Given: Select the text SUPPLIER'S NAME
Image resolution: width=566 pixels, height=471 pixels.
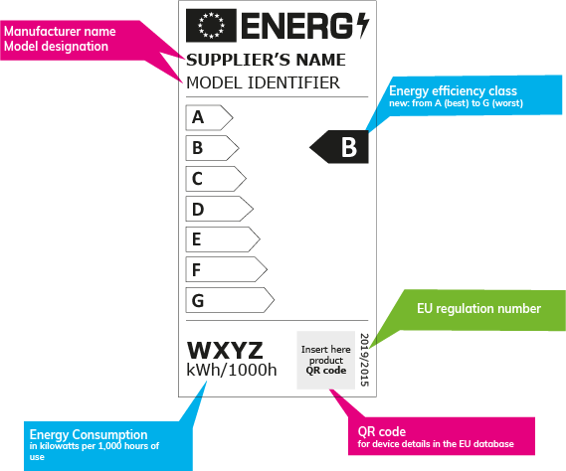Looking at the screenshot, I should pyautogui.click(x=266, y=60).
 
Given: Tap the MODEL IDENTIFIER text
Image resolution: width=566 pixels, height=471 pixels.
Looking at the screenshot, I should pyautogui.click(x=264, y=82).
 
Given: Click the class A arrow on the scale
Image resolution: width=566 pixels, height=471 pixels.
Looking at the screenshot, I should pyautogui.click(x=208, y=117).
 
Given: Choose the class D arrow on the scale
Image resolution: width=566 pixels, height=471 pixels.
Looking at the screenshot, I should pyautogui.click(x=219, y=210).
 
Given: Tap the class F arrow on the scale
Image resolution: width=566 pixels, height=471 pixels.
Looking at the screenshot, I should pyautogui.click(x=226, y=269).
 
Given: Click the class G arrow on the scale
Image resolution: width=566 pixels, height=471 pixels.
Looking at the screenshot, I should pyautogui.click(x=229, y=299).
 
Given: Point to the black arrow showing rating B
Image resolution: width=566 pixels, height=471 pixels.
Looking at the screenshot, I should pyautogui.click(x=339, y=148).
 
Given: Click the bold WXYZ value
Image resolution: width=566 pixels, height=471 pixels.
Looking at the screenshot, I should pyautogui.click(x=225, y=351).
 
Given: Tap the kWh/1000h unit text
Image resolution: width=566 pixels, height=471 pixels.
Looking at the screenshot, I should pyautogui.click(x=232, y=372).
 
